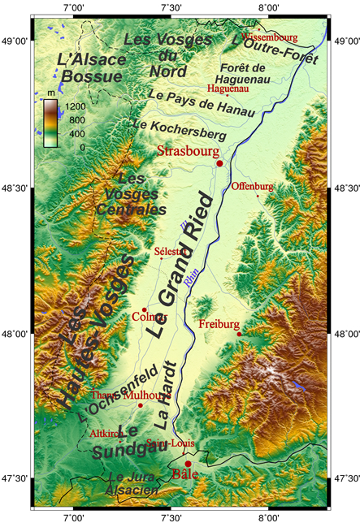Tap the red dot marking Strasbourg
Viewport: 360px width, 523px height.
pyautogui.click(x=219, y=164)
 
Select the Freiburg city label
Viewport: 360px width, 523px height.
pyautogui.click(x=219, y=323)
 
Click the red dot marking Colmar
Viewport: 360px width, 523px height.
pyautogui.click(x=144, y=309)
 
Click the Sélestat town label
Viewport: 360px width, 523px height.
pyautogui.click(x=169, y=251)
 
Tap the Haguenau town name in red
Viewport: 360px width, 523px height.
pyautogui.click(x=228, y=89)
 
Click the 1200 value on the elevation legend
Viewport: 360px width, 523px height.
pyautogui.click(x=76, y=106)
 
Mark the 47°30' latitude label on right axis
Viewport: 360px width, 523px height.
pyautogui.click(x=346, y=478)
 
